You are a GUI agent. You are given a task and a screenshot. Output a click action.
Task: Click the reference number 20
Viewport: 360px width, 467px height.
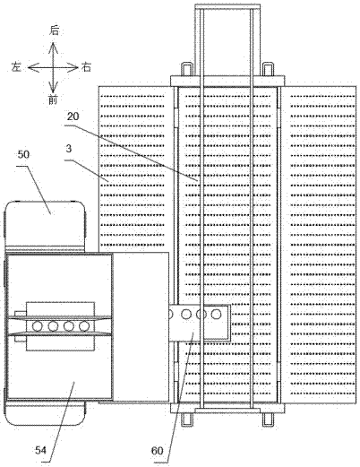click(73, 117)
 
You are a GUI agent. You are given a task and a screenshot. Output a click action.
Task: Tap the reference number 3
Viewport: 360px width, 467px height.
click(69, 149)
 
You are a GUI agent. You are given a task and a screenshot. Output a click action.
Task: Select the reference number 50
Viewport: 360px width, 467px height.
click(23, 154)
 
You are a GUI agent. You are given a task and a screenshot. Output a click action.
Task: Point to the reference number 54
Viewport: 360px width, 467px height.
click(41, 450)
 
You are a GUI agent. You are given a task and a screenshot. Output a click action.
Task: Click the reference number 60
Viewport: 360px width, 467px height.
click(158, 451)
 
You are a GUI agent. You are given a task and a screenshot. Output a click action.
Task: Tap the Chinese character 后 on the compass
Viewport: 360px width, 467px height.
click(54, 30)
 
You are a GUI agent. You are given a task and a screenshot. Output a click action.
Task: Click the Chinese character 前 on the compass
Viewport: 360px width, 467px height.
click(53, 99)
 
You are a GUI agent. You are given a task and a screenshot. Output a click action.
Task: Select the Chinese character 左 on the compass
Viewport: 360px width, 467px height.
click(16, 66)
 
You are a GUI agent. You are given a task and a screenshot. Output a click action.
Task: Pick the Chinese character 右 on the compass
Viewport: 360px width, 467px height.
click(86, 67)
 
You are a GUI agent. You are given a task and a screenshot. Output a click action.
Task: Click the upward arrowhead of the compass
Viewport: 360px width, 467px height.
click(53, 47)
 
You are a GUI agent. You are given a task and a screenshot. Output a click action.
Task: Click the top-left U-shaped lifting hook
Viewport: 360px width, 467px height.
click(186, 69)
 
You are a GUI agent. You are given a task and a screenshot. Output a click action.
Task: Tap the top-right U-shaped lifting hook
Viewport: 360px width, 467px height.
click(268, 69)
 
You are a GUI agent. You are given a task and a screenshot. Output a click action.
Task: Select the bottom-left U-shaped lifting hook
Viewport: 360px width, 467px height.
click(186, 419)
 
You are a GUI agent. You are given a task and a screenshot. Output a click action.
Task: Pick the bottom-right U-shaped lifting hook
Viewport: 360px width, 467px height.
click(268, 419)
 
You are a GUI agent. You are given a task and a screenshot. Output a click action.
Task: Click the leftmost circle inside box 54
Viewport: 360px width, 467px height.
click(38, 326)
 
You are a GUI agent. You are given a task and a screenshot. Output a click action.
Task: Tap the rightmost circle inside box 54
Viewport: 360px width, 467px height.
click(84, 326)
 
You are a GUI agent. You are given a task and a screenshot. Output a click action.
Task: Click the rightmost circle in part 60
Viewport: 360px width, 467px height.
click(216, 314)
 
